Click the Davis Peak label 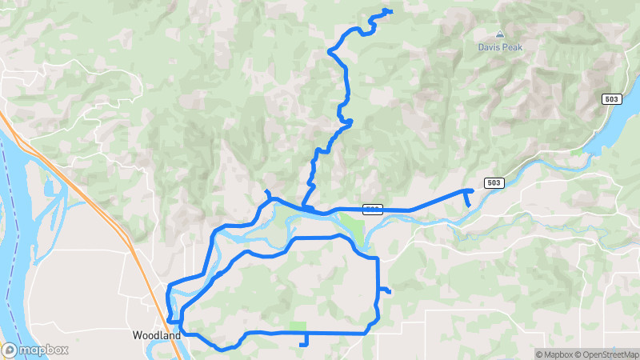tap(500, 47)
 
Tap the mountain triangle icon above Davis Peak tap(500, 34)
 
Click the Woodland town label tap(155, 337)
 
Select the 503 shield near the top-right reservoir tap(612, 98)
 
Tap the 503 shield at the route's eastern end tap(494, 182)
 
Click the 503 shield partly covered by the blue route tap(372, 210)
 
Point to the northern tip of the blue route tap(389, 10)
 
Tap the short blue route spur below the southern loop tap(304, 340)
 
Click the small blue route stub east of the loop tap(385, 290)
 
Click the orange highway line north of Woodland tap(96, 200)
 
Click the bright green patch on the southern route tap(298, 326)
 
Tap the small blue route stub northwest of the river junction tap(267, 192)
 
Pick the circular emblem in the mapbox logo tap(10, 350)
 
